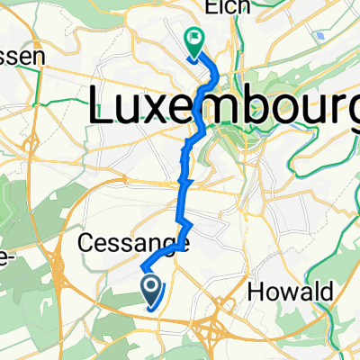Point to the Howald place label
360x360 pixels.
(289, 292)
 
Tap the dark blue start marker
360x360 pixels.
(150, 291)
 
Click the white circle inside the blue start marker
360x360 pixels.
(150, 287)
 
